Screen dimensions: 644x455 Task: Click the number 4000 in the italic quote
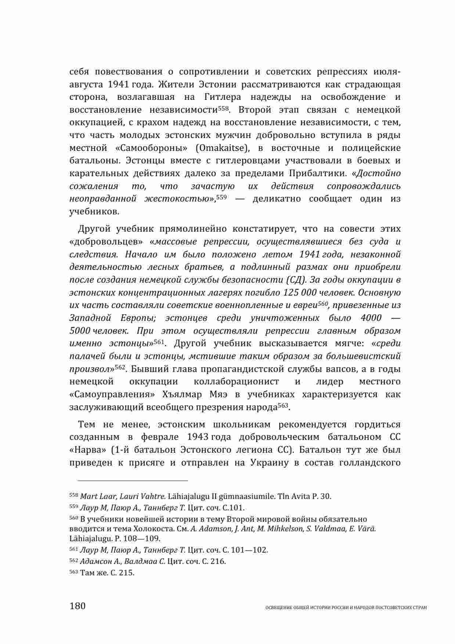point(371,318)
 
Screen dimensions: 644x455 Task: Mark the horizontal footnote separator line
point(129,480)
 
